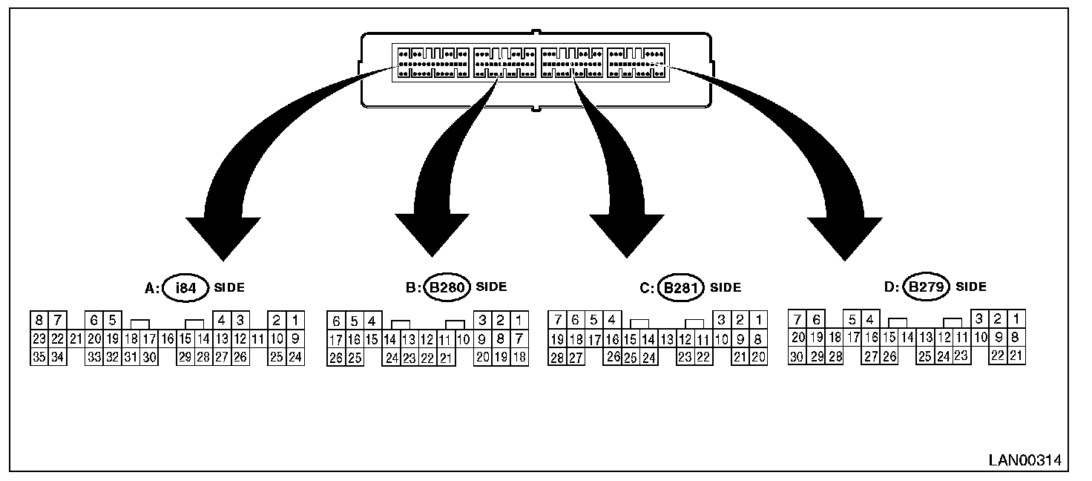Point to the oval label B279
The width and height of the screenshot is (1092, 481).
tap(928, 287)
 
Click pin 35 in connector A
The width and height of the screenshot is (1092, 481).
tap(39, 358)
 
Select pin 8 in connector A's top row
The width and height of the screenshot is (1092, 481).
tap(39, 321)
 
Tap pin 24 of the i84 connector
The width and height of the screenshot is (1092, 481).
tap(295, 358)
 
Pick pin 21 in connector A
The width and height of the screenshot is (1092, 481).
tap(76, 339)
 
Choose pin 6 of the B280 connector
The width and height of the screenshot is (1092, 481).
tap(336, 321)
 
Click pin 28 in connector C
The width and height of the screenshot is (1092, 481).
tap(556, 358)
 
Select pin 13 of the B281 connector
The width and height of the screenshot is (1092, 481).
tap(666, 340)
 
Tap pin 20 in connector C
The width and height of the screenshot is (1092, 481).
tap(758, 358)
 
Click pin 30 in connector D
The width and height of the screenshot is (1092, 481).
tap(798, 356)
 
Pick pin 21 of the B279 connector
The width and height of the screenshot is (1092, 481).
tap(1016, 356)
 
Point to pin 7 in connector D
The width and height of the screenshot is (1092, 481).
tap(798, 320)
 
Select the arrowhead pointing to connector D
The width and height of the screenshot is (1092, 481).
tap(844, 238)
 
